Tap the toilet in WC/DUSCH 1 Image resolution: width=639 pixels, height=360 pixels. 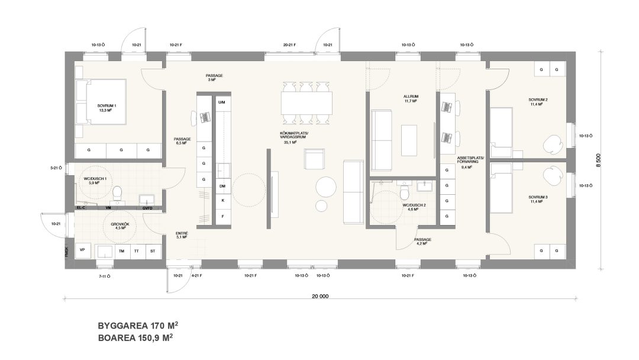tap(118, 192)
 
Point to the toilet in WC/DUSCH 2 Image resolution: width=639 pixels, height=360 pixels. tap(405, 193)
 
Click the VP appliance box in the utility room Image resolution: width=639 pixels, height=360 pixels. tap(82, 250)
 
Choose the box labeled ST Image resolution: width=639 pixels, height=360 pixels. tap(153, 250)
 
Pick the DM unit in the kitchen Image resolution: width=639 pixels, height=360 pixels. tap(222, 187)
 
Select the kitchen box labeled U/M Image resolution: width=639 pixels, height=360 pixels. tap(222, 102)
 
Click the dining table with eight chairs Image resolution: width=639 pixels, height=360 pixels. tap(305, 104)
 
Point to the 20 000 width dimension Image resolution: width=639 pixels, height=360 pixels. tap(319, 295)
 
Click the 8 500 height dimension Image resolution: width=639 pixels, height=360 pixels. tap(599, 160)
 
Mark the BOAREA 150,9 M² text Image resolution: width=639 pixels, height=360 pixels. tap(135, 338)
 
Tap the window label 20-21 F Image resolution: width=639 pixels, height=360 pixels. tap(290, 44)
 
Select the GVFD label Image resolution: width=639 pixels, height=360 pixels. tap(147, 208)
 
